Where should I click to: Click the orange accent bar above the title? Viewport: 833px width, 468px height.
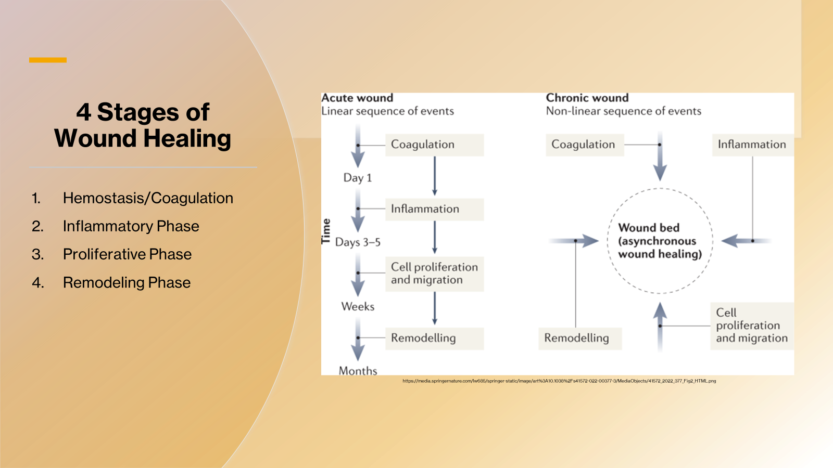pos(48,60)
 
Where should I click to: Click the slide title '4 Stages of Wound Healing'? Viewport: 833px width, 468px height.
pos(142,125)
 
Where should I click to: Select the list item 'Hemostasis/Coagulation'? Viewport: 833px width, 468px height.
pos(148,198)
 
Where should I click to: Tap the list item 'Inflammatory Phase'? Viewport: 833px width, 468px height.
pos(131,226)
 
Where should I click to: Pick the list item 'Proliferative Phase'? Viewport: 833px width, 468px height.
pos(127,254)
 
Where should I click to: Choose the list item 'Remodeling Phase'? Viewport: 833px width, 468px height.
pos(127,282)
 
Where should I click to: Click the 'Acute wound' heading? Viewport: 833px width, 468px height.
pos(357,98)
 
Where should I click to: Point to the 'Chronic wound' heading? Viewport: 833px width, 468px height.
pos(587,98)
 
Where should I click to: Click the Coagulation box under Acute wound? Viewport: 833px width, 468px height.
pos(434,145)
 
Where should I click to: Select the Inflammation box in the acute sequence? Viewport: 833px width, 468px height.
pos(434,209)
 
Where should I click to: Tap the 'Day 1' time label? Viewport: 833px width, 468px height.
pos(358,178)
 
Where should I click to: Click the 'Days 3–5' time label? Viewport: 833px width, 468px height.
pos(358,242)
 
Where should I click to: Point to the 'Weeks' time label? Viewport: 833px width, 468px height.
pos(358,307)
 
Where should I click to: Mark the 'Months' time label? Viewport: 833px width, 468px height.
pos(358,371)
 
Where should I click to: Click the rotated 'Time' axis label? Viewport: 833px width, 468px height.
pos(326,231)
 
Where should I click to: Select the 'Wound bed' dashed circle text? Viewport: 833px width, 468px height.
pos(660,241)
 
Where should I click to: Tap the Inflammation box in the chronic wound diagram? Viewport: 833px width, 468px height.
pos(752,145)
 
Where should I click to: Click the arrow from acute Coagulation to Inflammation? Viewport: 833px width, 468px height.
pos(435,176)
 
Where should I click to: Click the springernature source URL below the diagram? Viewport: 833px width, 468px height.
pos(559,381)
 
